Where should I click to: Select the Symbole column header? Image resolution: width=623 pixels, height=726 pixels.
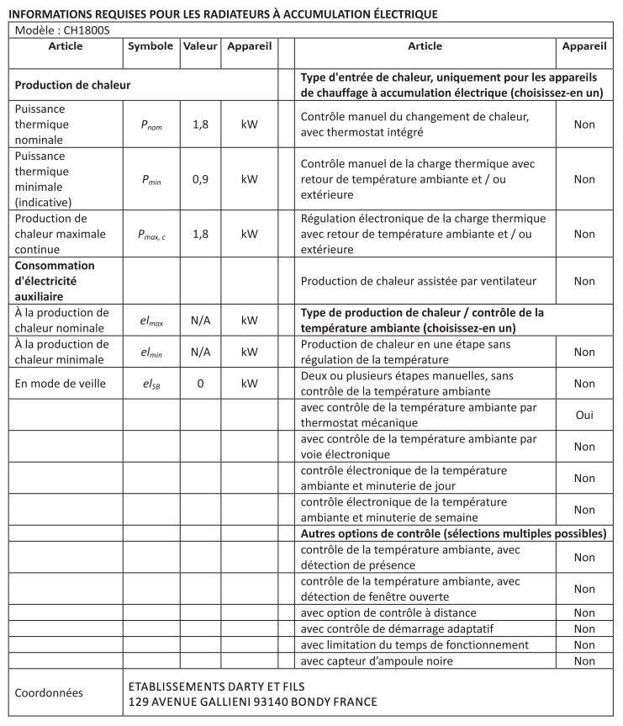point(151,46)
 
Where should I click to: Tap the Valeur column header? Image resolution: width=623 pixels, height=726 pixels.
point(199,46)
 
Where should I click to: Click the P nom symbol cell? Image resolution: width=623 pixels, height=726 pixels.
point(151,125)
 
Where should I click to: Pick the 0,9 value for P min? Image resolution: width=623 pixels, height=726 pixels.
point(200,179)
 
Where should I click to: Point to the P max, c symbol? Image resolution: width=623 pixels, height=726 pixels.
point(151,235)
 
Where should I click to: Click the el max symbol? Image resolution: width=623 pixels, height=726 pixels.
point(151,321)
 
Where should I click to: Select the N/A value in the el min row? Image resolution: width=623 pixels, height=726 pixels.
point(200,352)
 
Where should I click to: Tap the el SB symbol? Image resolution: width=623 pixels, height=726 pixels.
point(151,384)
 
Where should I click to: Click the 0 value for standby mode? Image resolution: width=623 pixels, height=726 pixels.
point(200,384)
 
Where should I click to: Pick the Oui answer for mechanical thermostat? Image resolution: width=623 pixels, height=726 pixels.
point(584,415)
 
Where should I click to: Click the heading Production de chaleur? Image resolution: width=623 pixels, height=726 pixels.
point(72,85)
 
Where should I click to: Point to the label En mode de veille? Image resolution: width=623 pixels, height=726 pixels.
point(61,384)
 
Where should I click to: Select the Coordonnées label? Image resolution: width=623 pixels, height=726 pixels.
point(50,693)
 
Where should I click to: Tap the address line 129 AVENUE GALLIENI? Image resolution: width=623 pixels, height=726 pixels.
point(252,702)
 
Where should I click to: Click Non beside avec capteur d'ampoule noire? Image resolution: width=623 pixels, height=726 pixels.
point(584,661)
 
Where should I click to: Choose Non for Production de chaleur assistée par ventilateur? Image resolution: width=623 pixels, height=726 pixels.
point(584,281)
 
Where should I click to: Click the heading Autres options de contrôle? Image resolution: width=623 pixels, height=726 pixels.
point(453,534)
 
